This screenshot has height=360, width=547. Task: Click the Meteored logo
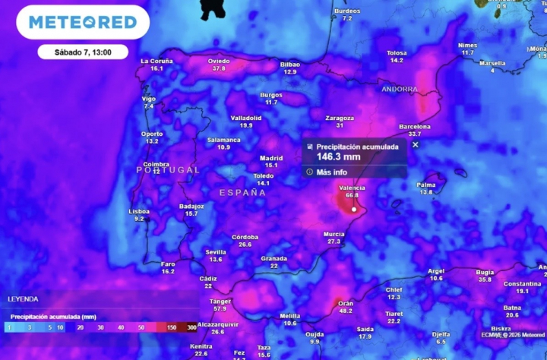(x=82, y=22)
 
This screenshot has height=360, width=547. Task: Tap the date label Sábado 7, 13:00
(x=83, y=52)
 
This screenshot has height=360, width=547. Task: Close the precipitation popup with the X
(x=416, y=144)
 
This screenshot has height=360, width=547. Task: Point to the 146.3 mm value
(x=338, y=157)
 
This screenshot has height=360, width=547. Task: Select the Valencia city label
(x=352, y=188)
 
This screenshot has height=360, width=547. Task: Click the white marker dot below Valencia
(x=354, y=209)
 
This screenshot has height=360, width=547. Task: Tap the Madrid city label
(x=271, y=158)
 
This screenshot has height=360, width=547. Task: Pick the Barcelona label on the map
(x=414, y=127)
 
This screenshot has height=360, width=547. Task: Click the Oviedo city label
(x=219, y=61)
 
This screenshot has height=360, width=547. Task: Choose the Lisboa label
(x=139, y=211)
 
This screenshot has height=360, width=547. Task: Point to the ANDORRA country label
(x=400, y=89)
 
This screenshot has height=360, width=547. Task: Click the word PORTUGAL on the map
(x=168, y=170)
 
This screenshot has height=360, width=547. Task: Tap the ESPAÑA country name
(x=243, y=193)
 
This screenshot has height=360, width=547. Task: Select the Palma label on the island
(x=426, y=185)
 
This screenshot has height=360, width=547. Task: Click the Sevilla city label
(x=216, y=252)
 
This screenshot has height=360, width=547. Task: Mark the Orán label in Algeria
(x=345, y=303)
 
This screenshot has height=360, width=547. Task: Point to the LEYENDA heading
(x=23, y=299)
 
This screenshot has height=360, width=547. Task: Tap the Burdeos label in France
(x=347, y=11)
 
